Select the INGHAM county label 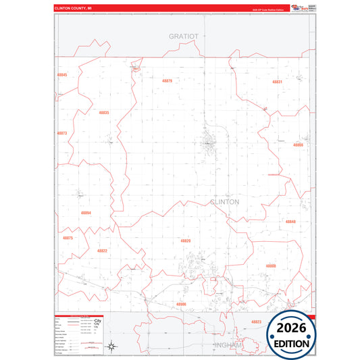click(226, 344)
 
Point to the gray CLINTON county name click(225, 202)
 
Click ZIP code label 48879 click(167, 81)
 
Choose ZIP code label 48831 click(277, 82)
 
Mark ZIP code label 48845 click(63, 74)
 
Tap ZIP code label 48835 click(103, 113)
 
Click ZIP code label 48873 click(62, 133)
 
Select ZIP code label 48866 click(298, 145)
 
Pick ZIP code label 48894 click(86, 213)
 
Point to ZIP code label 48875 click(68, 238)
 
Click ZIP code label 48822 click(102, 251)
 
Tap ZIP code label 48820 click(186, 241)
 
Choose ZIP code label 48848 click(290, 222)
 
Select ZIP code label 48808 click(271, 266)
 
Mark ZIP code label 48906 click(181, 304)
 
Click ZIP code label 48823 click(257, 322)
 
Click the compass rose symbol click(112, 347)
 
